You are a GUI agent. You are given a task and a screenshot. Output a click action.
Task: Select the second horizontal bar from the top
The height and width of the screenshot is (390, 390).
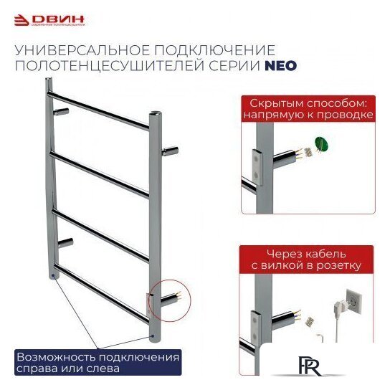coord(100,169)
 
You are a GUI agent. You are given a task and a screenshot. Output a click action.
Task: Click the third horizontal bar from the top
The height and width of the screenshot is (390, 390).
coord(100,231)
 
